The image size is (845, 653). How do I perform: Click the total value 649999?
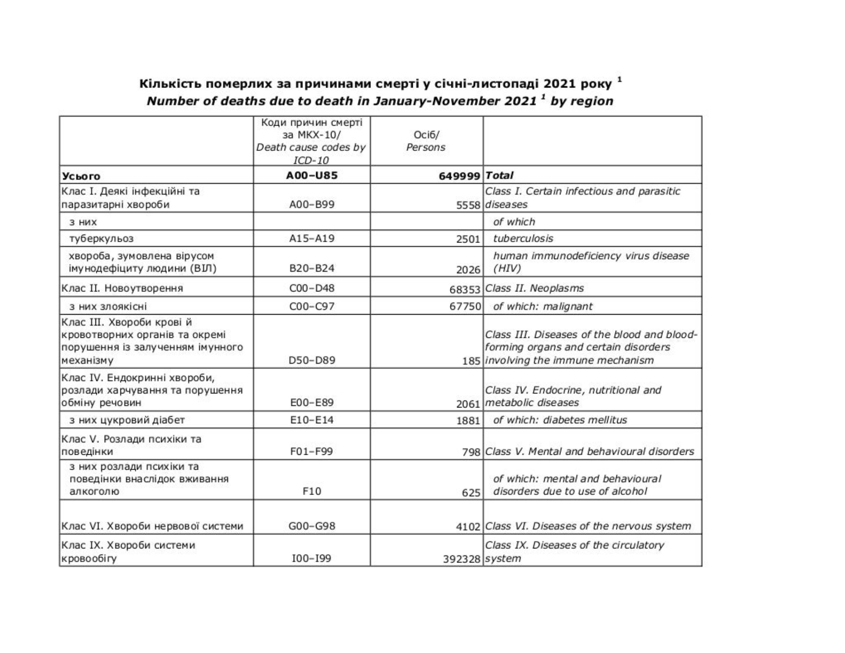[x=459, y=176]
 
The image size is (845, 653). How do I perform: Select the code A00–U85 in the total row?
[x=312, y=176]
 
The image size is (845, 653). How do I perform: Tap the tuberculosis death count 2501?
[x=468, y=239]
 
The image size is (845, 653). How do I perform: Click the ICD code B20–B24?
[x=312, y=268]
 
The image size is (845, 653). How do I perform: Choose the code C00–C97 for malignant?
[x=312, y=306]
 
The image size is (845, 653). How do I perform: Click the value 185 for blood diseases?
[x=472, y=362]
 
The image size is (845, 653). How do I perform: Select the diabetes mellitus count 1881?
[x=468, y=421]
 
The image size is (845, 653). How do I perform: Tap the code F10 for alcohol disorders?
[x=312, y=492]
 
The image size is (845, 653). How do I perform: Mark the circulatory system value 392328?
[x=462, y=559]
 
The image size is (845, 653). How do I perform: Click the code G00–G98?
[x=312, y=526]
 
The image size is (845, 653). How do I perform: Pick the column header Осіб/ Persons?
[x=426, y=141]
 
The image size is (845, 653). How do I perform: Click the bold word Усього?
[x=81, y=176]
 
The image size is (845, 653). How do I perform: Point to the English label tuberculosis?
[x=523, y=239]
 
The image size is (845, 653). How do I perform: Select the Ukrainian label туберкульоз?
[x=101, y=239]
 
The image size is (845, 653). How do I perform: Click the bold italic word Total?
[x=500, y=176]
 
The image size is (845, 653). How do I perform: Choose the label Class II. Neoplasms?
[x=535, y=288]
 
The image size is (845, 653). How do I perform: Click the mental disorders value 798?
[x=472, y=452]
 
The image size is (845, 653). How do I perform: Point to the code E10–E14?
[x=312, y=420]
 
